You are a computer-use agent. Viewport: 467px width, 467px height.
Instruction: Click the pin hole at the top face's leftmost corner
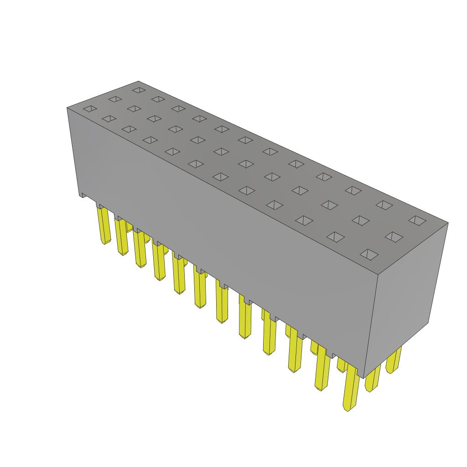(90, 109)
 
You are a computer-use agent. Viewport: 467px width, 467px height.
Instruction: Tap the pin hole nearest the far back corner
(139, 90)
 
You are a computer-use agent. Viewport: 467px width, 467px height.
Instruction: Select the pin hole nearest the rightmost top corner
(417, 221)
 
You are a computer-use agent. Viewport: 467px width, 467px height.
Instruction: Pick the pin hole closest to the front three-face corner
(369, 254)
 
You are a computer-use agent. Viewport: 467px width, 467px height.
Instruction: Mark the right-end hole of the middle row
(394, 237)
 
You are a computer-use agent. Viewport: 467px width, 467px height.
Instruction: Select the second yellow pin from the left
(122, 236)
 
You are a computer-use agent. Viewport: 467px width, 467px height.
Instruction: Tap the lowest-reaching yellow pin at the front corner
(351, 388)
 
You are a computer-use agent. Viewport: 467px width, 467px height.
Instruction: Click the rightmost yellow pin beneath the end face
(393, 360)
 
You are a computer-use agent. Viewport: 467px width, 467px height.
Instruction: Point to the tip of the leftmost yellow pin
(104, 242)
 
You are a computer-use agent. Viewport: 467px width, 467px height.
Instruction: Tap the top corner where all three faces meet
(378, 275)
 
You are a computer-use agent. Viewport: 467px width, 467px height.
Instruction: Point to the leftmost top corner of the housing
(67, 108)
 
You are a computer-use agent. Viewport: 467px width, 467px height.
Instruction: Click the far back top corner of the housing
(138, 82)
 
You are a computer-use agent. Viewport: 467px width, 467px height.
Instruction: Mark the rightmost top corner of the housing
(448, 223)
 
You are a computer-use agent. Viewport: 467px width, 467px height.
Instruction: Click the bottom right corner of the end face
(428, 323)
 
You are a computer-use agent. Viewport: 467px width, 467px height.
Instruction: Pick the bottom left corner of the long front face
(79, 196)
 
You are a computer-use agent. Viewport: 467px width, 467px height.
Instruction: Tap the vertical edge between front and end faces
(371, 326)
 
